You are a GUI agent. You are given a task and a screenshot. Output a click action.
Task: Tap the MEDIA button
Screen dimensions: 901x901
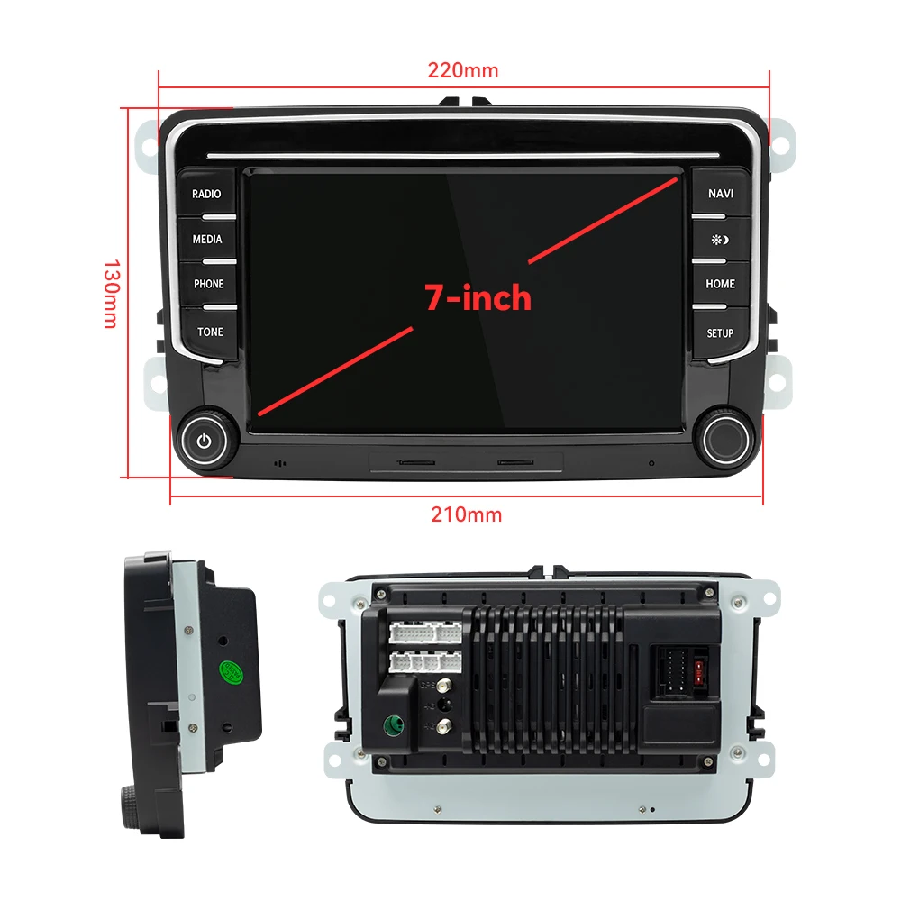[207, 240]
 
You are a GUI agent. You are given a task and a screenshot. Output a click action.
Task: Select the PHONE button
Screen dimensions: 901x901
[208, 284]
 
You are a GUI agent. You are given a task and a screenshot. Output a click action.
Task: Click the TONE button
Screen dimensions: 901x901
[210, 332]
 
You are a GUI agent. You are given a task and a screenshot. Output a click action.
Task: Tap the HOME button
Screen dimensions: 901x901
[720, 284]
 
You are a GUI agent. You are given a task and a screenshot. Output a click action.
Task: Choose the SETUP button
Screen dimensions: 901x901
[720, 332]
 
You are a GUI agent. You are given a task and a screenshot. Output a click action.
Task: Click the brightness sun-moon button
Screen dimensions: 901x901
[721, 240]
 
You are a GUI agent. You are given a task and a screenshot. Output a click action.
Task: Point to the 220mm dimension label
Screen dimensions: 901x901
[463, 70]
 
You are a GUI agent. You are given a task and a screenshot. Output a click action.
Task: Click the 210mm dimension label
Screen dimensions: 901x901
[467, 515]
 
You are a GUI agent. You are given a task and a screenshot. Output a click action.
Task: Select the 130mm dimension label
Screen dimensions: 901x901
[110, 294]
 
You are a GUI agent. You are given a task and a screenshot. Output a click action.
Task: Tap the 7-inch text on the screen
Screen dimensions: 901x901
[478, 297]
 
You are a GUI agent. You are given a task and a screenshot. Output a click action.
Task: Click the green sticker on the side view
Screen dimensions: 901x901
[232, 671]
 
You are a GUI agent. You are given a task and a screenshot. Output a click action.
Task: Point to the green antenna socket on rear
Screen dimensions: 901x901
[392, 726]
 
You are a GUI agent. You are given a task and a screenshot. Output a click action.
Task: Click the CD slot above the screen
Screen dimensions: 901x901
[464, 156]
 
